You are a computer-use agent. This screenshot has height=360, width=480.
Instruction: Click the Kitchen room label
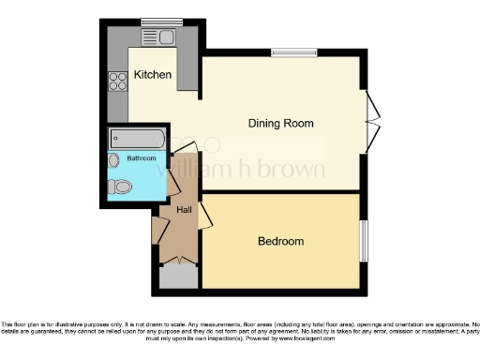[x=152, y=74]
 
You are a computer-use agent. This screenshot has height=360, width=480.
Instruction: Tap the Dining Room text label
[x=280, y=123]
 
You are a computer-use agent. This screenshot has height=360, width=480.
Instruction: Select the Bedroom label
[x=280, y=241]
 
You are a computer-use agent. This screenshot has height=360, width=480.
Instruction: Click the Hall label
[x=184, y=209]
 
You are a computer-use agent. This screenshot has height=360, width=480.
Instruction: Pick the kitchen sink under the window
[x=156, y=37]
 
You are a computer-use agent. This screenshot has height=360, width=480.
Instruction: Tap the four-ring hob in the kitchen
[x=119, y=81]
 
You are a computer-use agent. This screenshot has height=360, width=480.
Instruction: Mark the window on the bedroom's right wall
[x=364, y=241]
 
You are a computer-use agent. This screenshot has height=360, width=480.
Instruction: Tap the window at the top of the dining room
[x=292, y=52]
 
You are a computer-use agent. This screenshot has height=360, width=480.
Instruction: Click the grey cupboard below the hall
[x=174, y=277]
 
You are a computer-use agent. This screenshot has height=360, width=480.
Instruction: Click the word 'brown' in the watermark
[x=294, y=171]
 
